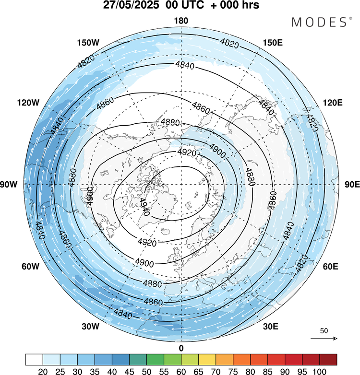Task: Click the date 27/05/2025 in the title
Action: (x=131, y=5)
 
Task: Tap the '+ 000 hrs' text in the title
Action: (x=235, y=5)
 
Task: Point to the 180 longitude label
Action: (x=181, y=21)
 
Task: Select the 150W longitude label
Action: (x=88, y=43)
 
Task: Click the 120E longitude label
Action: (x=333, y=103)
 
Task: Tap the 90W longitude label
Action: (x=9, y=185)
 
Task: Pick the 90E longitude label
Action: (x=352, y=185)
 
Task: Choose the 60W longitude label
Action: (x=30, y=267)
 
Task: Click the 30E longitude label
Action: (x=270, y=327)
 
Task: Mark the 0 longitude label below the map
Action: (x=181, y=348)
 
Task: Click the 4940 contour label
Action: (x=144, y=207)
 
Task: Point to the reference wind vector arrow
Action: (x=324, y=339)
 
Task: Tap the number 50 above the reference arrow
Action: (x=324, y=331)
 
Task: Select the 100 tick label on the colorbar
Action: (x=319, y=372)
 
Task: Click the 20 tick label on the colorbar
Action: (x=43, y=372)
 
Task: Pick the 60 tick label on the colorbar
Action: (x=181, y=372)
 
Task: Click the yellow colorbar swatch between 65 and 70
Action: (x=207, y=360)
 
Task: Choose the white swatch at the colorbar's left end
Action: (x=34, y=360)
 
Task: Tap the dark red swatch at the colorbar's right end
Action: (x=328, y=360)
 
